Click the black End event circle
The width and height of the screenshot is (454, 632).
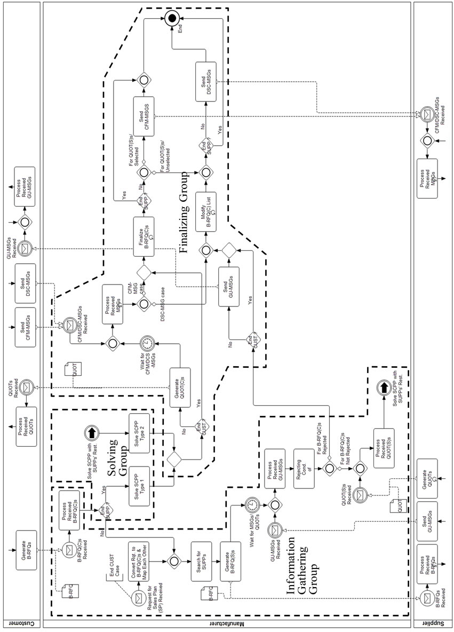[171, 19]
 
